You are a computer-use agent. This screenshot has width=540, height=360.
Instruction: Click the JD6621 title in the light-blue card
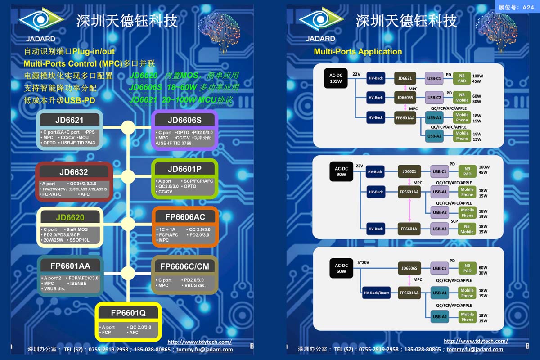(70, 120)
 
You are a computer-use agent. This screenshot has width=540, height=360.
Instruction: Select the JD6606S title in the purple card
(184, 120)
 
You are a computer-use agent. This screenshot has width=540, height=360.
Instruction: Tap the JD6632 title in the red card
(73, 172)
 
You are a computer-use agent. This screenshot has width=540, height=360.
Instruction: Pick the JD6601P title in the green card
(184, 169)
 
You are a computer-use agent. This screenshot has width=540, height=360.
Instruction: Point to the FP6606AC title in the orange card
(185, 217)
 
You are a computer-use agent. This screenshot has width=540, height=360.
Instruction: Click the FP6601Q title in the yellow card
(128, 313)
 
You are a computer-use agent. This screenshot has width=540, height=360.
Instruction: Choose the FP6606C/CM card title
(184, 266)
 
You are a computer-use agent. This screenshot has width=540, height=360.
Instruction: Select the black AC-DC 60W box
(341, 268)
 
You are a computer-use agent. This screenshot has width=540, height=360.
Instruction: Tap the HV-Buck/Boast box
(377, 293)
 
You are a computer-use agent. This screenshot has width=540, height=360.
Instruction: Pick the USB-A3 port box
(440, 229)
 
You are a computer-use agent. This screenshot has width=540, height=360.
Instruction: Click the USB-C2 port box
(434, 97)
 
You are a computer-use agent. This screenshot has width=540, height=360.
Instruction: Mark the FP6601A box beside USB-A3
(409, 229)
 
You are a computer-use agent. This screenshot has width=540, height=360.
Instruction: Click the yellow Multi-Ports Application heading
(358, 52)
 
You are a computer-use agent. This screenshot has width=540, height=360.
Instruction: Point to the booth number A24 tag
(516, 7)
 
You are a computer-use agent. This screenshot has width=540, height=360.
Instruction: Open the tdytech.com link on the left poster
(199, 342)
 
